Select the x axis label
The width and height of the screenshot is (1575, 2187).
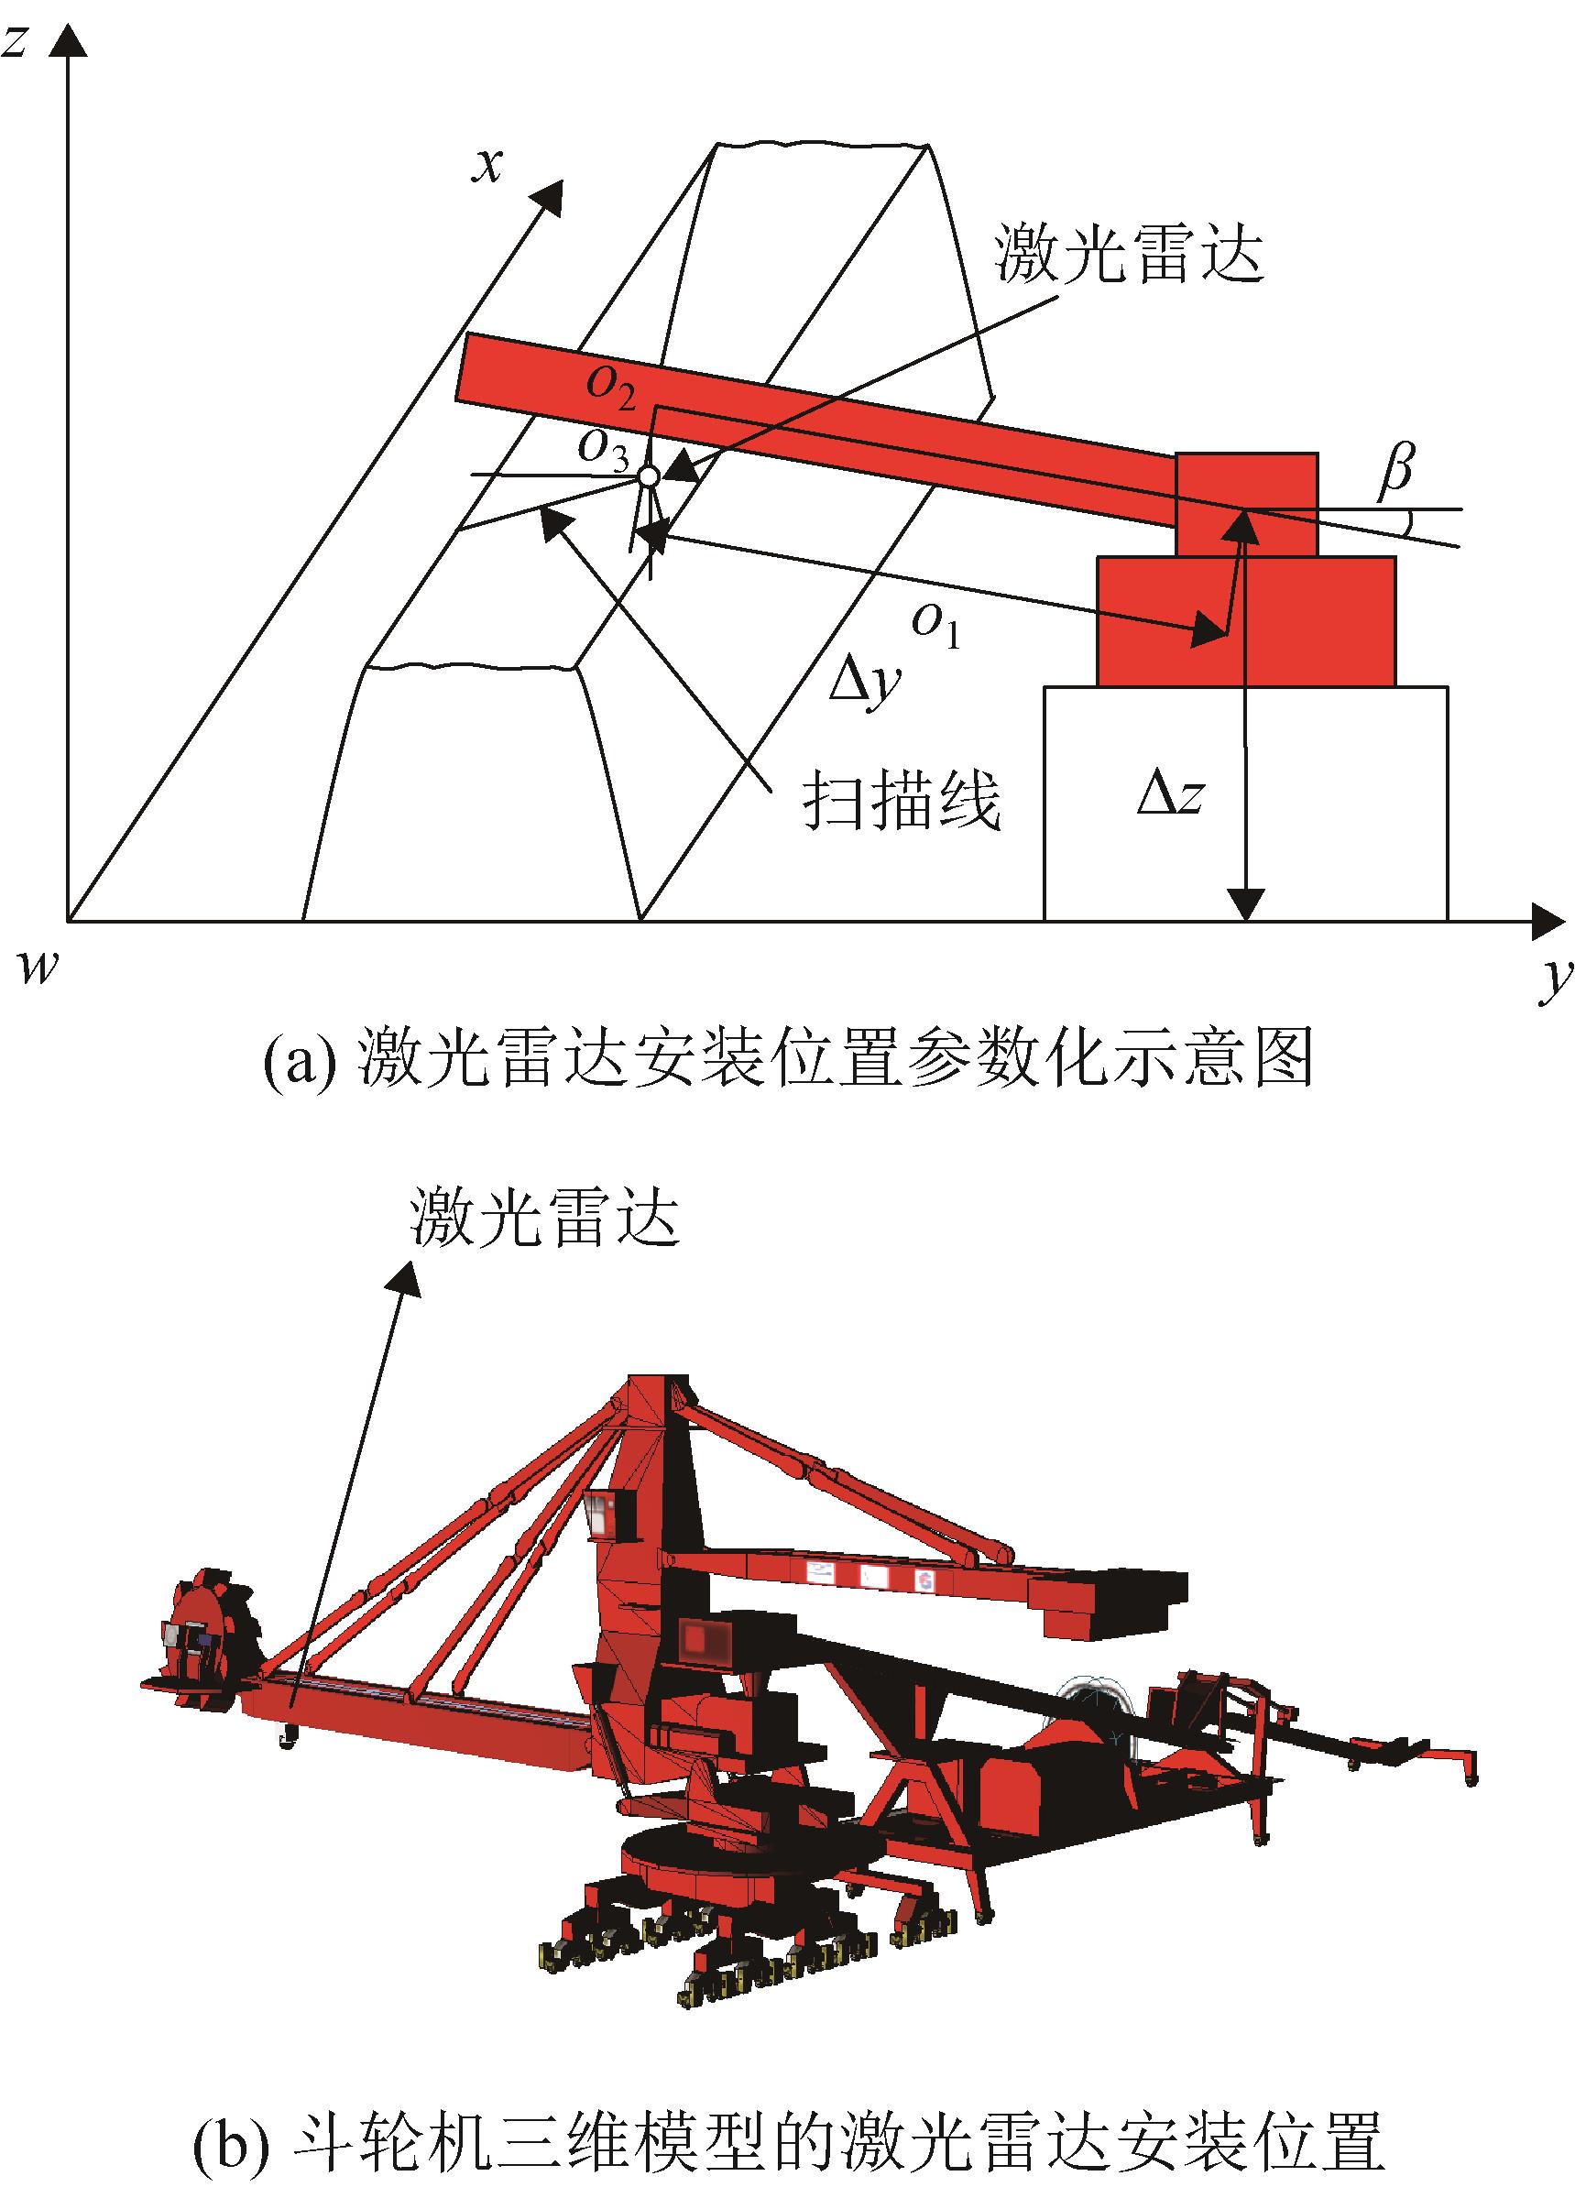488,166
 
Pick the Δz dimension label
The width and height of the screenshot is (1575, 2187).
1170,796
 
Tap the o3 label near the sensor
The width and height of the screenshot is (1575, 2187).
603,447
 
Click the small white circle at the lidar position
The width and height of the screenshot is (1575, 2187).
649,476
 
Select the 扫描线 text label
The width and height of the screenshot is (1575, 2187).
902,799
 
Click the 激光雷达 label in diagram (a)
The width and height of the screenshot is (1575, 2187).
1130,253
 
